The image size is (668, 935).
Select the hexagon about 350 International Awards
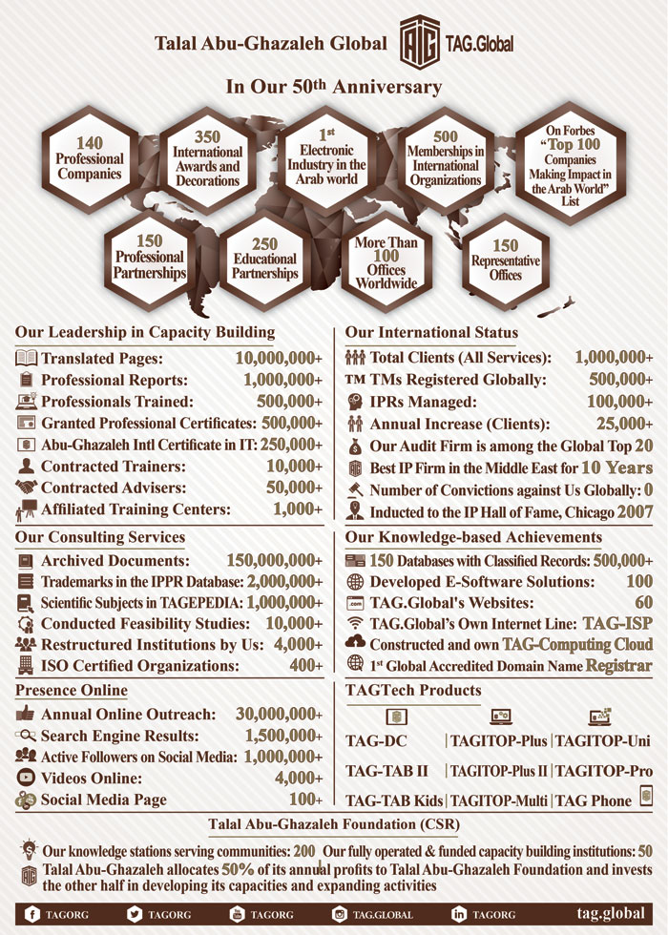click(x=207, y=158)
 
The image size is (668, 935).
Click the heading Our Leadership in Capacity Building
click(x=145, y=332)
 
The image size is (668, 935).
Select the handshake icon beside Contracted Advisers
click(x=26, y=488)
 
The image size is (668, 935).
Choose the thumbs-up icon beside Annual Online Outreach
click(x=26, y=713)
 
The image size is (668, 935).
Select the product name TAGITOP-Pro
click(x=604, y=770)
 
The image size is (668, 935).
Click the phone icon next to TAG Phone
click(x=646, y=797)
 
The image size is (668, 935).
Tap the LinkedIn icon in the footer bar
click(x=459, y=914)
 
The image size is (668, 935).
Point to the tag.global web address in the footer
click(x=610, y=913)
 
